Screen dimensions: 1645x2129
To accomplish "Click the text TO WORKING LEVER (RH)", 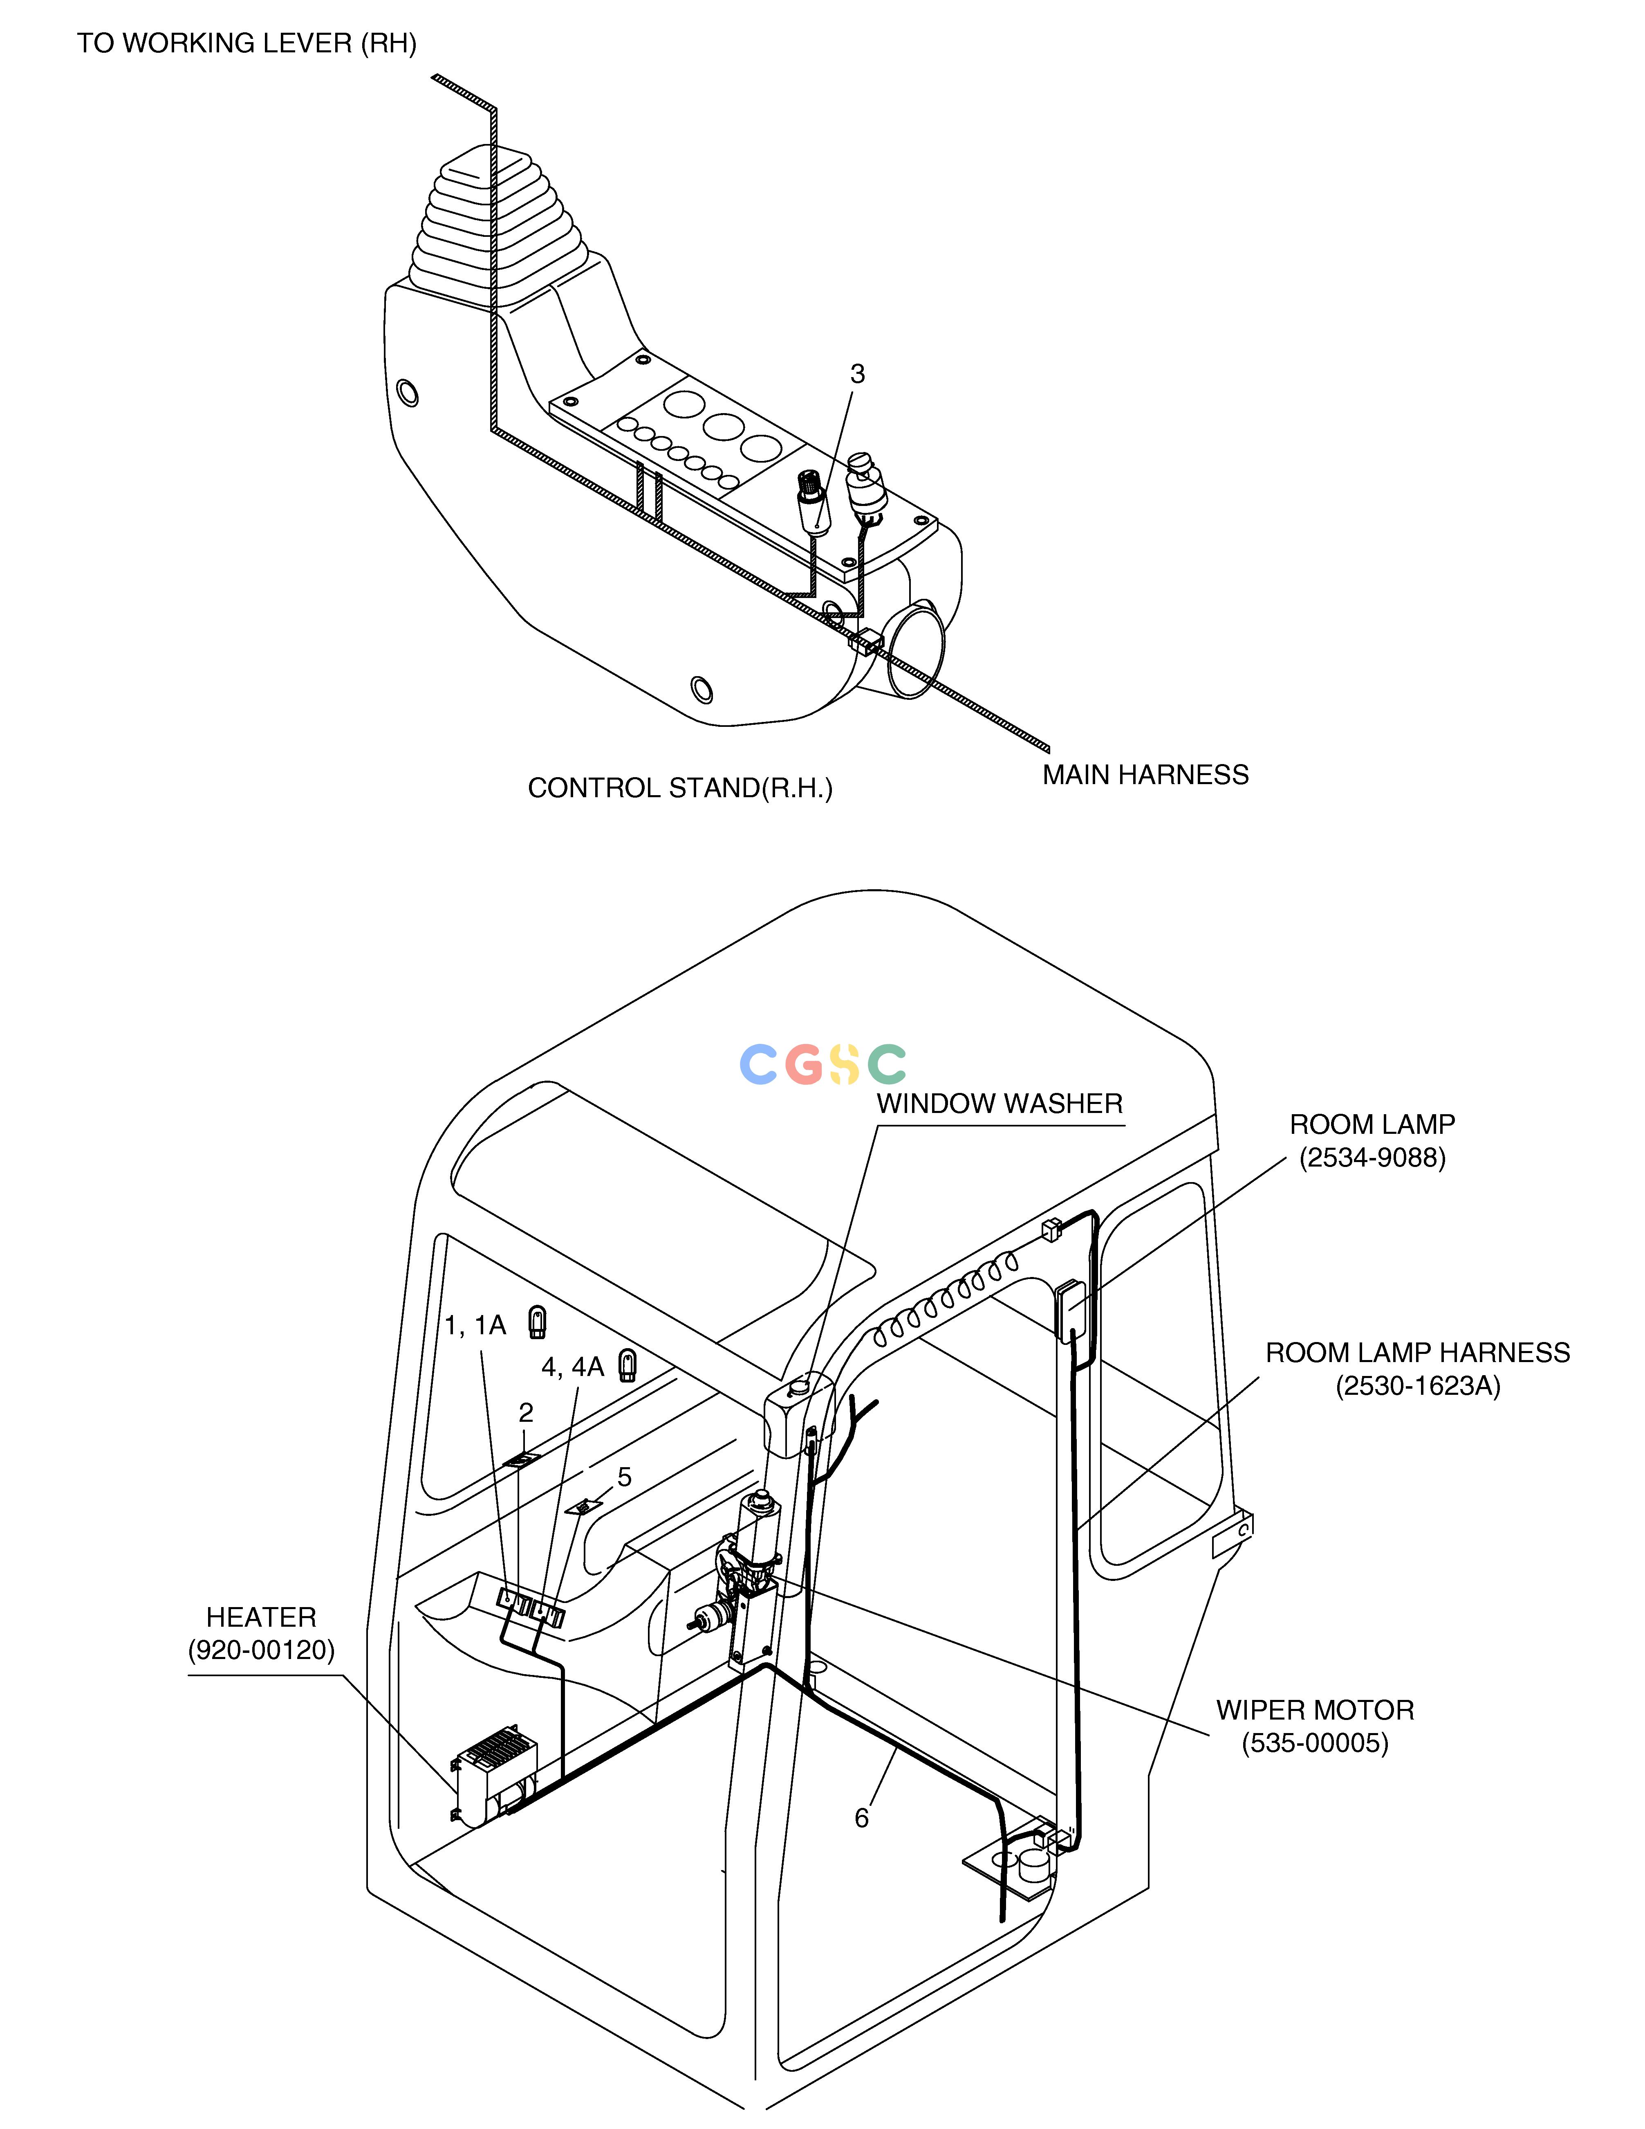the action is [247, 44].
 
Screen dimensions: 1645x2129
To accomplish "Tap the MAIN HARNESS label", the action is [1145, 775].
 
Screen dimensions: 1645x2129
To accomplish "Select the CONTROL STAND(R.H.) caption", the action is [680, 788].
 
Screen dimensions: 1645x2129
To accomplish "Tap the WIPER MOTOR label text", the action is [1315, 1710].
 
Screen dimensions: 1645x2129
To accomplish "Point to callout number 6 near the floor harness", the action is [861, 1818].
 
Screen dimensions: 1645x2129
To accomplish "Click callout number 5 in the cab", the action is [625, 1477].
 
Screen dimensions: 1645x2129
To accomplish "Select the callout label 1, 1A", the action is [475, 1325].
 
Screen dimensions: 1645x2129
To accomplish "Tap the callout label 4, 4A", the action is [573, 1368].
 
